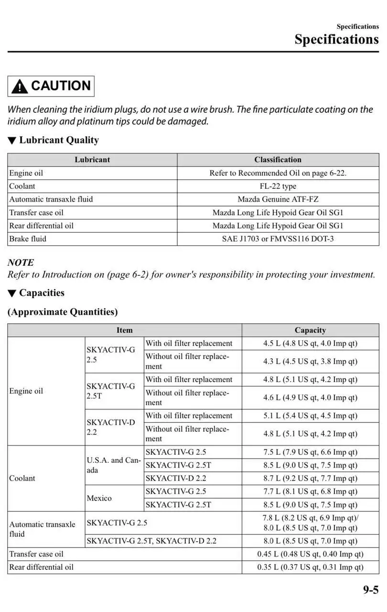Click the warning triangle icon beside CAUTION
click(x=20, y=87)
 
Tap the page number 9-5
click(x=370, y=590)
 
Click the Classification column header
click(x=278, y=160)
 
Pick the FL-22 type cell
click(x=278, y=186)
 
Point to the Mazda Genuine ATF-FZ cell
click(x=278, y=199)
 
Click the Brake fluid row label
click(x=28, y=239)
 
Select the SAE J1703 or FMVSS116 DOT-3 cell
click(x=278, y=239)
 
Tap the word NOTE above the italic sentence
click(x=21, y=262)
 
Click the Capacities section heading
click(x=42, y=293)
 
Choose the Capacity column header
click(x=310, y=330)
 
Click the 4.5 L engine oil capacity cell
click(x=310, y=343)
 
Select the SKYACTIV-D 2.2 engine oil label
click(x=110, y=427)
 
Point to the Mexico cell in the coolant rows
click(x=99, y=498)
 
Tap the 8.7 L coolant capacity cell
click(x=310, y=478)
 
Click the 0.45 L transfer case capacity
click(x=310, y=554)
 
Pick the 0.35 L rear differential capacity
click(x=310, y=568)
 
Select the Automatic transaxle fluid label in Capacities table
click(x=43, y=529)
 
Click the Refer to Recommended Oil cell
click(x=278, y=173)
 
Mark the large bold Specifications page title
click(x=336, y=39)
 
